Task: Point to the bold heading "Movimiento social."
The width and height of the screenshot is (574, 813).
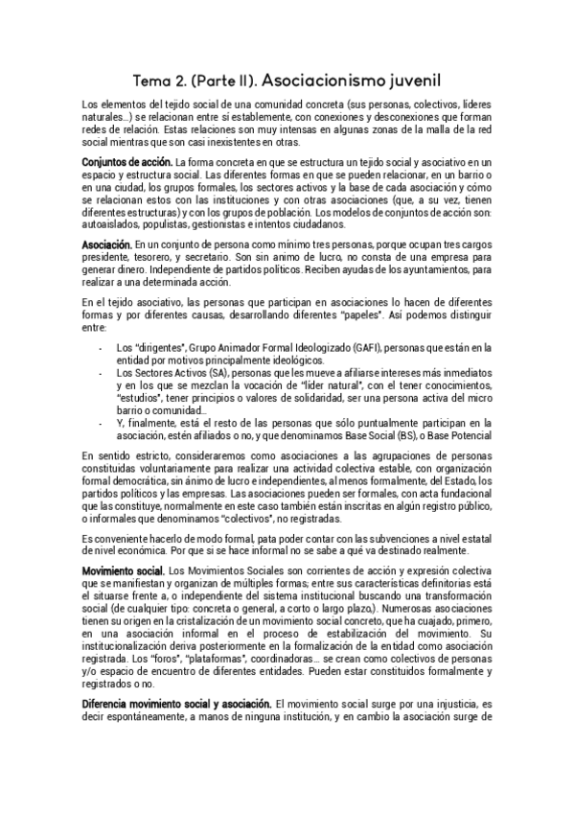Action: click(123, 571)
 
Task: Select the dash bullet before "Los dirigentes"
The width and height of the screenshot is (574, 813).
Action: click(101, 347)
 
